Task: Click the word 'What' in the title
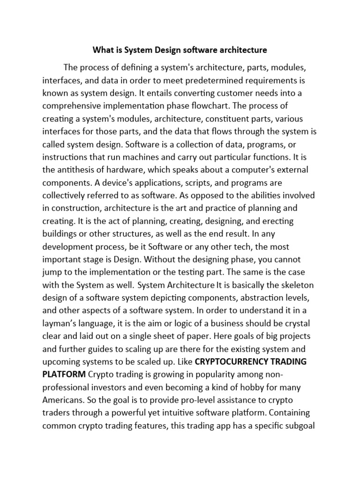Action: (103, 49)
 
